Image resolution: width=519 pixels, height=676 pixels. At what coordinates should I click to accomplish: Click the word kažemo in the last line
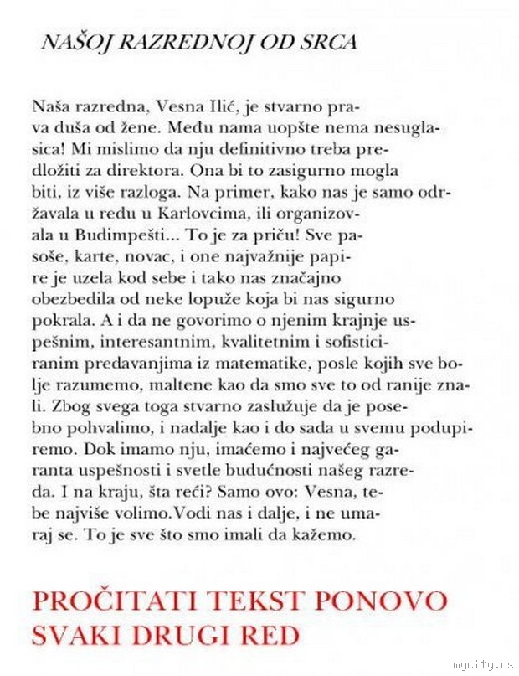pos(331,533)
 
